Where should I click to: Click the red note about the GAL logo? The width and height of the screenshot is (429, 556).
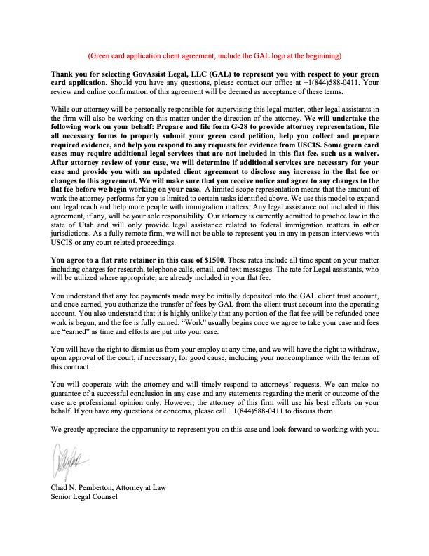pyautogui.click(x=214, y=55)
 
